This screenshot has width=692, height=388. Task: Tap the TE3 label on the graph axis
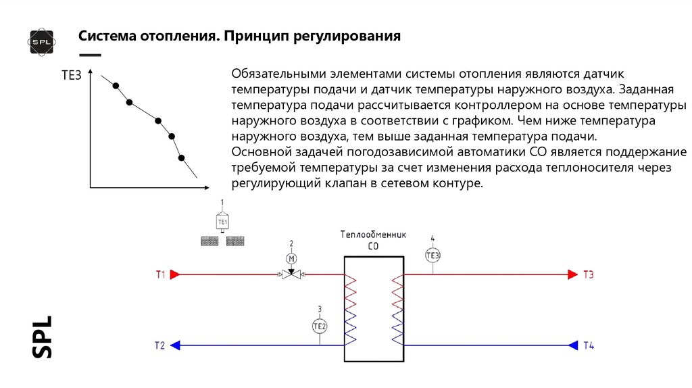tap(72, 76)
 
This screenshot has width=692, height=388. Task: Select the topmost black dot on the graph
tap(116, 85)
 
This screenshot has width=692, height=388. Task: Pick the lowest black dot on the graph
tap(181, 158)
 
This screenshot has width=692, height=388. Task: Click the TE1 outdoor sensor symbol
tap(222, 221)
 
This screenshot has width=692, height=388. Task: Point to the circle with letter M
tap(292, 258)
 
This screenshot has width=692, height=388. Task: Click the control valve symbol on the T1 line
tap(292, 274)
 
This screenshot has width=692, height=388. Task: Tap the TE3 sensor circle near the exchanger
tap(433, 255)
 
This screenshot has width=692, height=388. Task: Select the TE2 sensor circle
tap(320, 326)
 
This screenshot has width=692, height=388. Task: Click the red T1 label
tap(160, 274)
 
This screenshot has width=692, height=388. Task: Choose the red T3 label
tap(589, 274)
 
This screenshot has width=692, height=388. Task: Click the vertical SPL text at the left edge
tap(42, 335)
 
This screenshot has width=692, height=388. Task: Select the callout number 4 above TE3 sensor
tap(432, 239)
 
